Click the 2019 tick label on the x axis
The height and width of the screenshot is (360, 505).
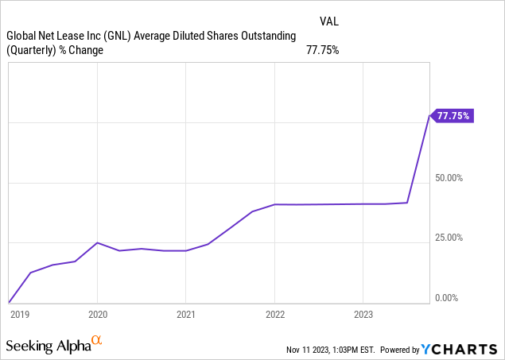point(19,314)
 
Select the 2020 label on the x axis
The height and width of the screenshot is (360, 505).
point(97,314)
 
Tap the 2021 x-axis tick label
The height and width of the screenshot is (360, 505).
point(185,314)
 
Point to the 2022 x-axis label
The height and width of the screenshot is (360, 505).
point(274,314)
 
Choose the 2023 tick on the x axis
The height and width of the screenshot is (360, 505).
point(362,314)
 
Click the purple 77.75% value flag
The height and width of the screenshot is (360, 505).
point(453,116)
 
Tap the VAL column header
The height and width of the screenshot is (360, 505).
point(329,19)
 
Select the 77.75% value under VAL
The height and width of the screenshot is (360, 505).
point(323,50)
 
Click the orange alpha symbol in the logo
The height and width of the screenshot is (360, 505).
point(96,341)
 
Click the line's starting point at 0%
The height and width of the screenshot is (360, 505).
point(9,302)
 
